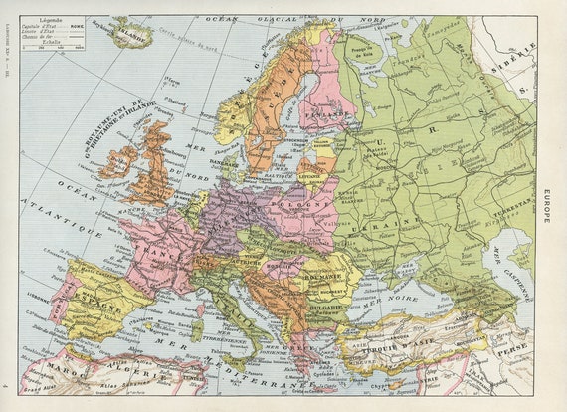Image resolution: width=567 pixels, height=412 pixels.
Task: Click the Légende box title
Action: (47, 20)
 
